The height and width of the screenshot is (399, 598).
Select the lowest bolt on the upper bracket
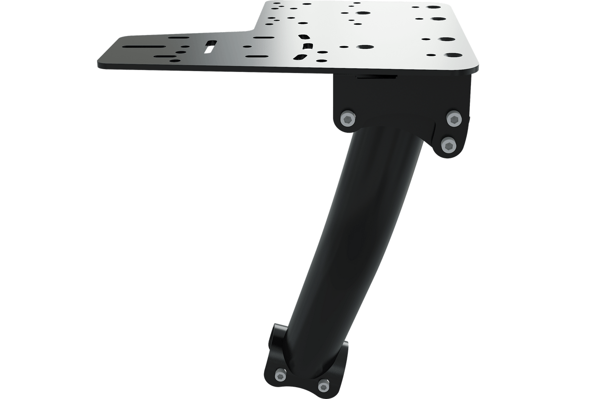tap(449, 145)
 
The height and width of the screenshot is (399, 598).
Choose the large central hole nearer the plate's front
tap(365, 47)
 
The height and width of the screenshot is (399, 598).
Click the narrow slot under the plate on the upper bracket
tap(376, 77)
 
